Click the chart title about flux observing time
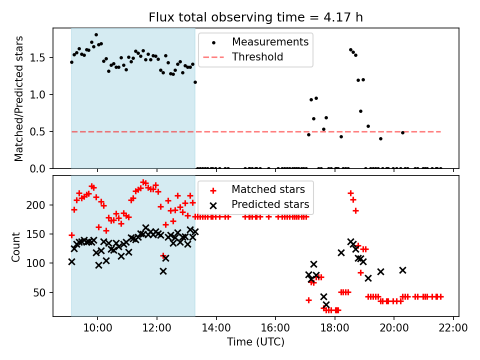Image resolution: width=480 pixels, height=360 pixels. click(x=255, y=17)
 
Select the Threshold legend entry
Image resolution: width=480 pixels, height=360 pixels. click(x=257, y=57)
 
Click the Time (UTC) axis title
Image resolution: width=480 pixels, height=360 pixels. click(x=255, y=342)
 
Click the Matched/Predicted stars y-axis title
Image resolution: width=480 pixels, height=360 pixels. click(x=19, y=98)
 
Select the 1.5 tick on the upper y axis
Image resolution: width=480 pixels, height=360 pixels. click(x=41, y=57)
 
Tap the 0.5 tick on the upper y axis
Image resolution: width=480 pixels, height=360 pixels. click(x=41, y=131)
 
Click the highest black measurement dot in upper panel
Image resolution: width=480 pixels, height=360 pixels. click(x=96, y=35)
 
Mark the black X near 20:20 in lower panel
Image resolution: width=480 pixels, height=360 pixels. click(x=402, y=270)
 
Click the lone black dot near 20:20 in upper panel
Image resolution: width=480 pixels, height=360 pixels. click(x=402, y=132)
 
